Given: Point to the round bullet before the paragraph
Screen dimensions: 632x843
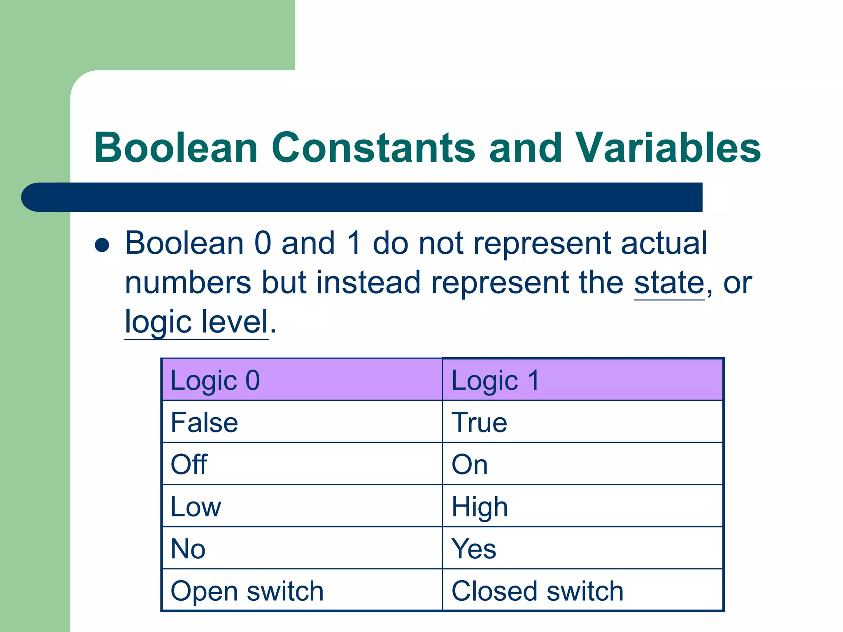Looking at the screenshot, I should (102, 245).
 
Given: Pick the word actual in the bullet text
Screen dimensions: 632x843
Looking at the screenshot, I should (664, 243).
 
